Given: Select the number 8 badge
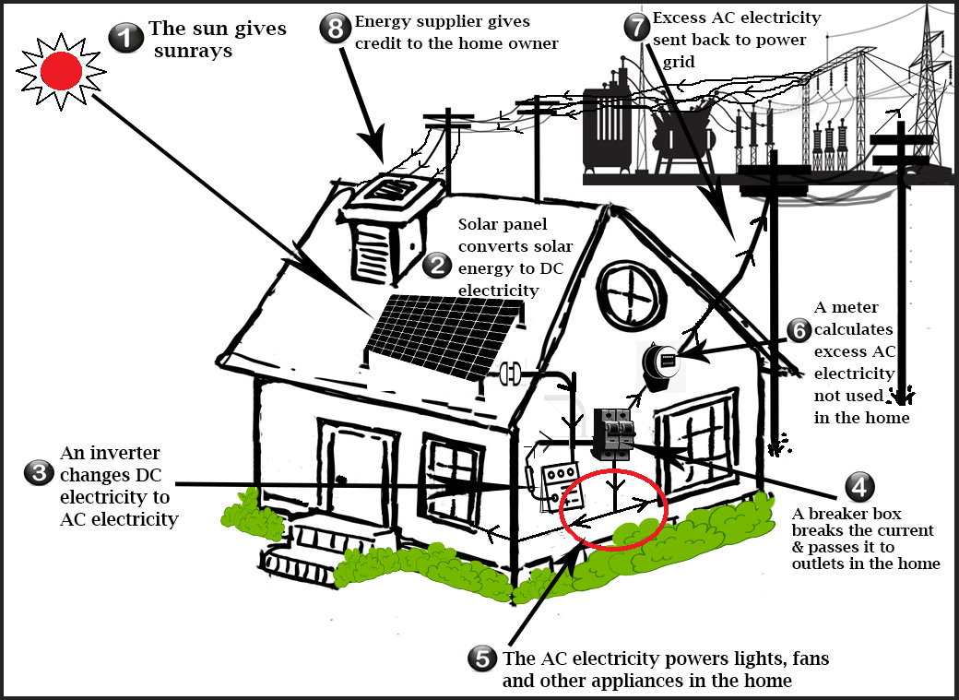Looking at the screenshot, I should (335, 27).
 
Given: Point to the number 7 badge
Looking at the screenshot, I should (636, 25).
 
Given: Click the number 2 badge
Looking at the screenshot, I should (437, 267).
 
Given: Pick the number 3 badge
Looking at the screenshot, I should (38, 473).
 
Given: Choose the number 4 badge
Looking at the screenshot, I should (858, 486).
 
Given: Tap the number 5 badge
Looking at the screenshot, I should (481, 658).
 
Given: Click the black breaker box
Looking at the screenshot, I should (611, 433).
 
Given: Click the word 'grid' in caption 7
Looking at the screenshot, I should (681, 63).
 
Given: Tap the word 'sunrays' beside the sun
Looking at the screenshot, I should (193, 51).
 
